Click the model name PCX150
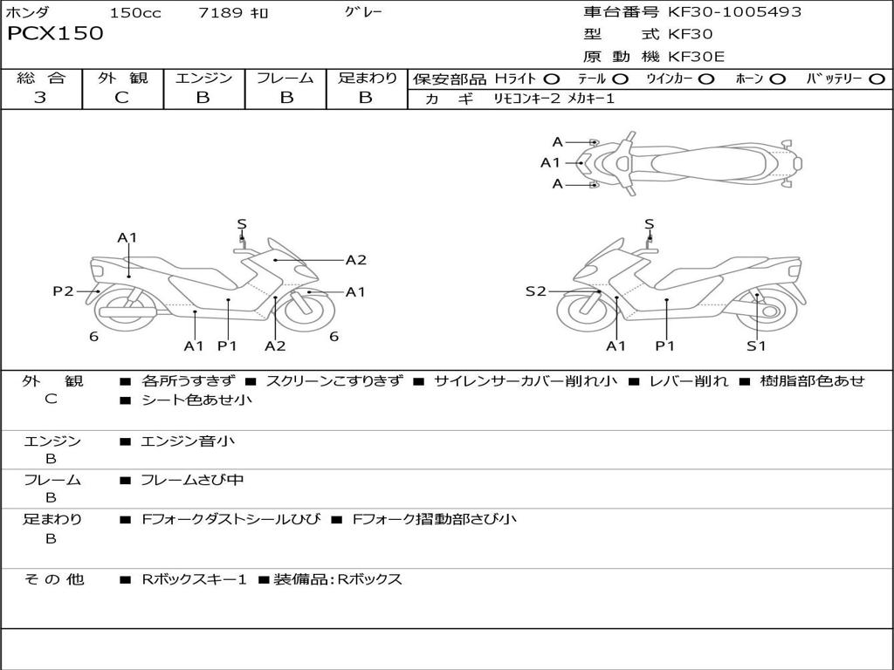pyautogui.click(x=55, y=34)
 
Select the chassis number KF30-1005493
pyautogui.click(x=734, y=12)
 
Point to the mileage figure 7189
pyautogui.click(x=222, y=13)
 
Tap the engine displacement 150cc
pyautogui.click(x=135, y=13)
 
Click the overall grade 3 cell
pyautogui.click(x=40, y=98)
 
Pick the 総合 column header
pyautogui.click(x=41, y=79)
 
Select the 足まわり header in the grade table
pyautogui.click(x=368, y=79)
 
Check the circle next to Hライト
pyautogui.click(x=552, y=79)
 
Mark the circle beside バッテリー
pyautogui.click(x=877, y=79)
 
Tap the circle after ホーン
pyautogui.click(x=777, y=79)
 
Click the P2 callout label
pyautogui.click(x=63, y=291)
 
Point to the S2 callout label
pyautogui.click(x=535, y=291)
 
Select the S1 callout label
pyautogui.click(x=756, y=346)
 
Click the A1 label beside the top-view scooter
pyautogui.click(x=550, y=162)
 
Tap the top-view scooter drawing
pyautogui.click(x=694, y=162)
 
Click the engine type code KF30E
pyautogui.click(x=697, y=57)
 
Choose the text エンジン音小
pyautogui.click(x=188, y=441)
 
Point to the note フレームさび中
pyautogui.click(x=192, y=480)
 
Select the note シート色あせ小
pyautogui.click(x=196, y=400)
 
